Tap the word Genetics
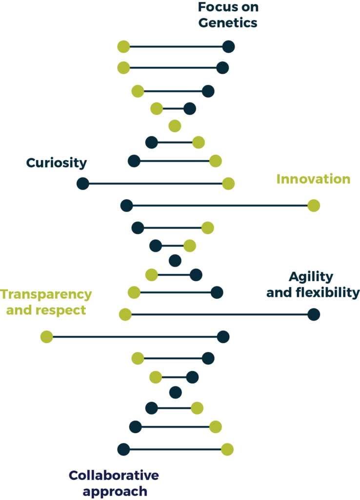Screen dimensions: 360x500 pos(228,22)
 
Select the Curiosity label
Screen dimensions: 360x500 pos(57,163)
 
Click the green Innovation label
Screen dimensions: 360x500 pos(314,179)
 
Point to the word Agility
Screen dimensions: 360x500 pos(311,277)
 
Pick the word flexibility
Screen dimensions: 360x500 pos(327,292)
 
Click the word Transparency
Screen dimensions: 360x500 pos(46,294)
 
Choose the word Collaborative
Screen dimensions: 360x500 pos(114,475)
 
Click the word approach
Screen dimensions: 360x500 pos(115,492)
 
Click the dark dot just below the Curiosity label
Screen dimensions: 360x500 pos(83,184)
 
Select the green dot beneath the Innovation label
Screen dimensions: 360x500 pos(314,206)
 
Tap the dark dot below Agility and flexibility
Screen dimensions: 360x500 pos(314,315)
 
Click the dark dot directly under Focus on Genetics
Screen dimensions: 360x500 pos(229,47)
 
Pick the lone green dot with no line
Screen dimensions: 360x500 pos(175,126)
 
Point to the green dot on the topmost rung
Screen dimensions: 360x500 pos(123,47)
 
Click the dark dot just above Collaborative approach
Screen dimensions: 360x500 pos(123,450)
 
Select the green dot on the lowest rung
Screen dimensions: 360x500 pos(227,450)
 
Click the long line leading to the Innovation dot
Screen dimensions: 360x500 pos(220,206)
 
